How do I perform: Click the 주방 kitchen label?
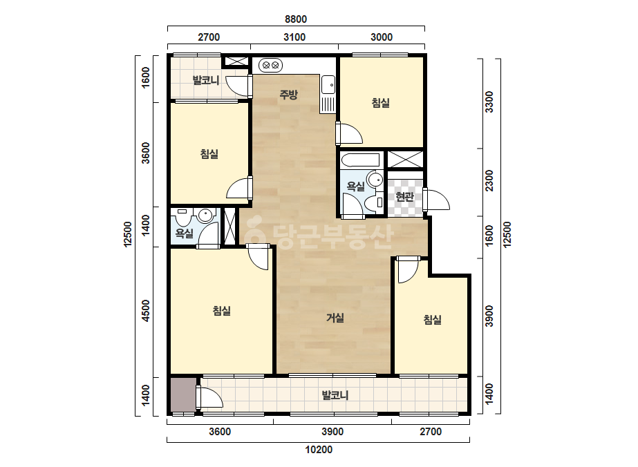288,95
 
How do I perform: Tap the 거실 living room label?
335,318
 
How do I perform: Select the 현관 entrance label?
405,197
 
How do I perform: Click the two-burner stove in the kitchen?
270,65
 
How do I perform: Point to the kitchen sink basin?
328,85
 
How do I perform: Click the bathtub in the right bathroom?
361,160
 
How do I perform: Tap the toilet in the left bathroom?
183,218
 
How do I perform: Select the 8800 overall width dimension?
296,19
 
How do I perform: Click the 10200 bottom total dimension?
319,450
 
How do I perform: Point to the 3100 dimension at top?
294,37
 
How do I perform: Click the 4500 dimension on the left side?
146,311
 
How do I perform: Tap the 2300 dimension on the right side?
489,180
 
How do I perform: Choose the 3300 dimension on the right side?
489,102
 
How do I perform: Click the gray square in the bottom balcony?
183,394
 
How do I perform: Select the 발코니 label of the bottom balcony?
335,395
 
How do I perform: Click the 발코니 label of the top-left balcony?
206,80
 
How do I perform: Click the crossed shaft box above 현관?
405,159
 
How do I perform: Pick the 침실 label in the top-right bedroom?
381,102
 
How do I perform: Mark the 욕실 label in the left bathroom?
185,233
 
